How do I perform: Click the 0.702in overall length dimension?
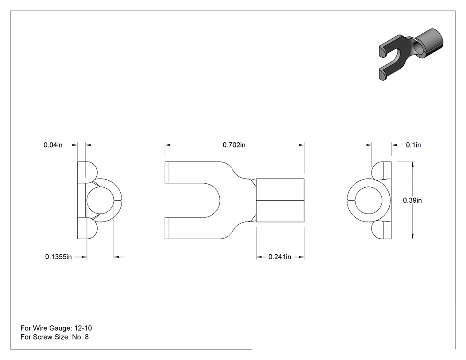pyautogui.click(x=234, y=145)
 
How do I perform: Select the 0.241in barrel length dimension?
pyautogui.click(x=280, y=257)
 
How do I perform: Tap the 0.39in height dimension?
pyautogui.click(x=412, y=200)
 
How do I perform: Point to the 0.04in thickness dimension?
pyautogui.click(x=53, y=145)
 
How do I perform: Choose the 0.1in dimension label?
pyautogui.click(x=413, y=145)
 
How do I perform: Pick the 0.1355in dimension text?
pyautogui.click(x=58, y=257)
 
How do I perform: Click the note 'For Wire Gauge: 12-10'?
pyautogui.click(x=56, y=328)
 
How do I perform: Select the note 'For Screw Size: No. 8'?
pyautogui.click(x=55, y=337)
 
